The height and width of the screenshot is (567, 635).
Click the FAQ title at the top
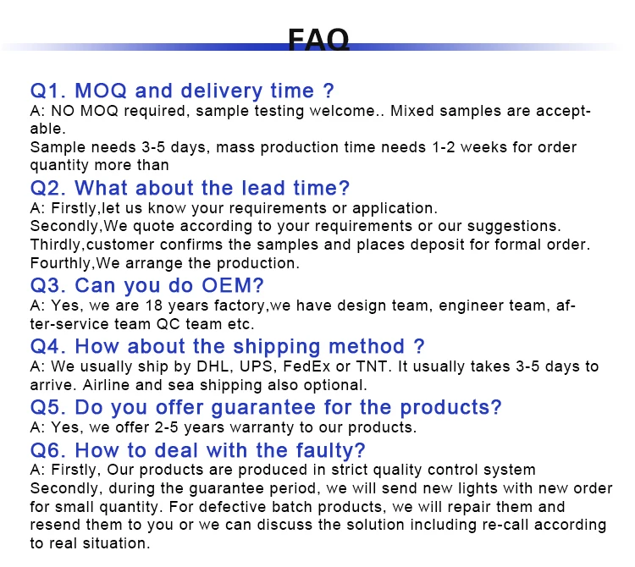point(318,39)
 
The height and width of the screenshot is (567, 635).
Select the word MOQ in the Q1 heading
point(101,91)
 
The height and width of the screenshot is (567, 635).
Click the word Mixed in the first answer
point(411,111)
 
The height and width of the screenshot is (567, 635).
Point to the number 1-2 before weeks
point(444,147)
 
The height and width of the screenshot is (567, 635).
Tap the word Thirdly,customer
point(92,245)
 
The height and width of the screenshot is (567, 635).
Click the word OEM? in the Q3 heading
point(233,285)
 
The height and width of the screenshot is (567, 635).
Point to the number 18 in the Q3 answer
point(154,306)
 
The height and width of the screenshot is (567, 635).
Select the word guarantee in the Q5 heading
point(263,408)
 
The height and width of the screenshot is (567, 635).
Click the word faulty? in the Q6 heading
point(330,450)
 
